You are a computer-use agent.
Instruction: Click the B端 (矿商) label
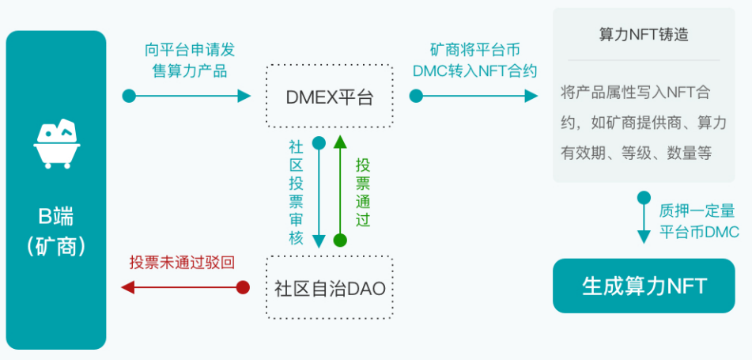(55, 230)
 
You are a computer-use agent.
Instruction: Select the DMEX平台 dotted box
(329, 97)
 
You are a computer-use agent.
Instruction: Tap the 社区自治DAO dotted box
(329, 288)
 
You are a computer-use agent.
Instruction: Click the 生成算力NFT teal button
(644, 286)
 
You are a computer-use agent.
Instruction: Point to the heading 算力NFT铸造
(644, 35)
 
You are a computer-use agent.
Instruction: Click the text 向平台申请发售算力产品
(189, 60)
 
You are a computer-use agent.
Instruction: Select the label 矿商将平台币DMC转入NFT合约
(474, 60)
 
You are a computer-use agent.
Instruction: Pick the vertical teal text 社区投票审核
(296, 192)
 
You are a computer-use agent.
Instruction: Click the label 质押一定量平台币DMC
(699, 222)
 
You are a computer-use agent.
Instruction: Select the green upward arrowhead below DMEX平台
(340, 141)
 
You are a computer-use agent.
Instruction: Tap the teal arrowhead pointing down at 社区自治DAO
(319, 241)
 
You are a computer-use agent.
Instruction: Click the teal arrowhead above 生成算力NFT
(644, 237)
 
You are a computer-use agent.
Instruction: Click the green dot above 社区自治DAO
(340, 240)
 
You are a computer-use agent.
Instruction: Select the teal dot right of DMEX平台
(416, 97)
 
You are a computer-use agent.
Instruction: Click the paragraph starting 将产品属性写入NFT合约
(644, 123)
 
